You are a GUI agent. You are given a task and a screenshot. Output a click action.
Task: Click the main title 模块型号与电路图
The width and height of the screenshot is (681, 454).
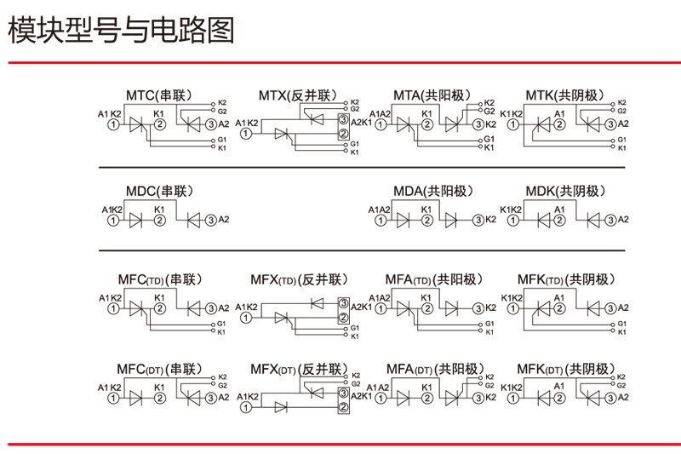121,30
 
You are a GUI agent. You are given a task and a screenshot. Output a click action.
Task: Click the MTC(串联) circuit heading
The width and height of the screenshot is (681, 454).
159,95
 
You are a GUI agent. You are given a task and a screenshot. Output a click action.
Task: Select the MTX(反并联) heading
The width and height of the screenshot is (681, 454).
298,95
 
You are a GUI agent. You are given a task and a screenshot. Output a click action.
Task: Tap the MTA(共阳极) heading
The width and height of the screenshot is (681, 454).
432,95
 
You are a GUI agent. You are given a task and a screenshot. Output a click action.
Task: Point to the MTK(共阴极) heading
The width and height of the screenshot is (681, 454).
564,95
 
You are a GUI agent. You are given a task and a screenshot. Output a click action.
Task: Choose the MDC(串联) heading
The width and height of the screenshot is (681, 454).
159,191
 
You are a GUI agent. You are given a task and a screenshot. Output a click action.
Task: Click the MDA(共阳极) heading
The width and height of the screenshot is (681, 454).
433,191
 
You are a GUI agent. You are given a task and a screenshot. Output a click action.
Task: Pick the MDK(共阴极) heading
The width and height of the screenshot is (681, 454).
565,191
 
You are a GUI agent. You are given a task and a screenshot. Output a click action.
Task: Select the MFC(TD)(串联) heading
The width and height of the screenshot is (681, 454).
160,279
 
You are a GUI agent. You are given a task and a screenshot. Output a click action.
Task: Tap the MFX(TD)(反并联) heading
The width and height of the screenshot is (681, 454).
300,279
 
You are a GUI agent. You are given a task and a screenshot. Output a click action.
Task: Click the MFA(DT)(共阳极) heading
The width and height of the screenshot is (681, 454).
435,370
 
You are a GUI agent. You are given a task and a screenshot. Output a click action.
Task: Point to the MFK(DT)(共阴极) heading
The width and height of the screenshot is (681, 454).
566,370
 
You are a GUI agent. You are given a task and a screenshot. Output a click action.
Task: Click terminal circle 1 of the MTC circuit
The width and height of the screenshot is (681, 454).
113,124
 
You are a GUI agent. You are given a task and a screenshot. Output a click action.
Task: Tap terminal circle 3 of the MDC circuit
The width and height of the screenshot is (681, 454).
210,221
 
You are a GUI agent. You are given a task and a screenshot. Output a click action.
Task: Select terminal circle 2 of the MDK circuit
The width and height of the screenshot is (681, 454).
559,221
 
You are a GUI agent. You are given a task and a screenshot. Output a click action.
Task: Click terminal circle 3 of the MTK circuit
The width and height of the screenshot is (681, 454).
610,124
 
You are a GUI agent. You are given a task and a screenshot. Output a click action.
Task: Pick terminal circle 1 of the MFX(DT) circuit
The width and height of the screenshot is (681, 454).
246,407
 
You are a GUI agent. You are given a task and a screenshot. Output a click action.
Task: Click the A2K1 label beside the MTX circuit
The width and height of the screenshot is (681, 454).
361,123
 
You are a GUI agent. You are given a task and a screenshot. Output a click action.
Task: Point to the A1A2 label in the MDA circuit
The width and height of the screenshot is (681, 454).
379,210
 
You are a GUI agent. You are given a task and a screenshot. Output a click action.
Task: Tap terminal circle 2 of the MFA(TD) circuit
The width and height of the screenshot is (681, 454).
427,308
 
